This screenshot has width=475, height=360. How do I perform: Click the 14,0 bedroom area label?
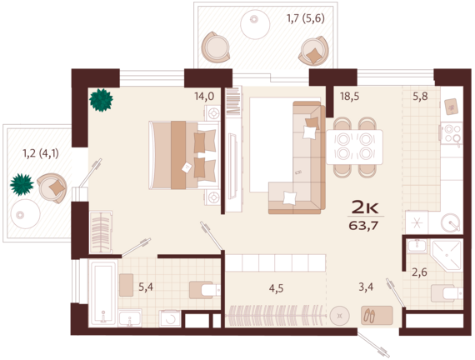point(204,97)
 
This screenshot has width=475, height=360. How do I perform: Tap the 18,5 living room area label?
point(350,97)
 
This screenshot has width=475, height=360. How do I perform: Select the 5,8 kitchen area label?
point(421,97)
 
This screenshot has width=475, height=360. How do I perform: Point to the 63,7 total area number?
point(364,226)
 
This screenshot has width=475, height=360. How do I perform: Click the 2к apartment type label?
point(365,207)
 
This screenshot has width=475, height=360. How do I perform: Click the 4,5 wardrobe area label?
point(277,288)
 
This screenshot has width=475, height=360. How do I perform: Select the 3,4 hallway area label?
point(366,287)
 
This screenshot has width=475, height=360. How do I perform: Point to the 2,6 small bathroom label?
point(419,272)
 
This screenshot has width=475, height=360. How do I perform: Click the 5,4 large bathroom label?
point(146,287)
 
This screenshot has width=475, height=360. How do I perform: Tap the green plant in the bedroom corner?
point(101,100)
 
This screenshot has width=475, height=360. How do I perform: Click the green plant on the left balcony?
point(22,184)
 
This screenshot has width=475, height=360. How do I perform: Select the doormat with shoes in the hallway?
point(377,316)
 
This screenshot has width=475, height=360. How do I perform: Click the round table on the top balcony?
point(255,25)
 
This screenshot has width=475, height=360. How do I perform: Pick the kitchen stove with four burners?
point(452,133)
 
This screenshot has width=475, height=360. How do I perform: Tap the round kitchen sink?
point(451,223)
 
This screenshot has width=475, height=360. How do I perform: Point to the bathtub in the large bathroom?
point(103,293)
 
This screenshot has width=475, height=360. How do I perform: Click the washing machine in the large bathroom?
point(170,318)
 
